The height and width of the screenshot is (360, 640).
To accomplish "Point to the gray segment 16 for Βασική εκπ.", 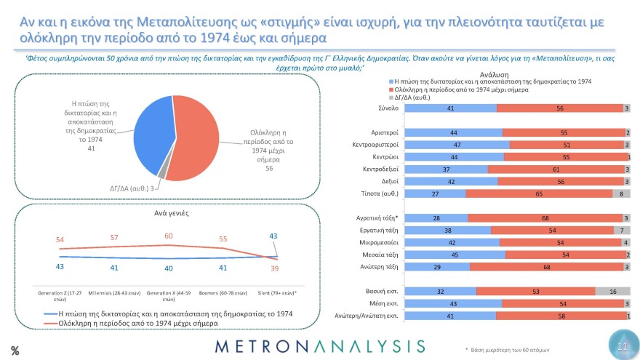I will point(612,291).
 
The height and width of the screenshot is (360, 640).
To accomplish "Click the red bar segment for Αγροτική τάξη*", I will point(545,218).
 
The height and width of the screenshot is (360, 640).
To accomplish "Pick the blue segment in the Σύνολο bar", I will point(450,108).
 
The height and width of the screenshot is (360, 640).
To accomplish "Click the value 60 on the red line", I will point(168,236).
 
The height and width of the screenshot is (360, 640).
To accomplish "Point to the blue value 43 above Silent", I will point(274,236).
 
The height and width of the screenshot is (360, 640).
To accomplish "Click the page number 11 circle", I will point(621,347).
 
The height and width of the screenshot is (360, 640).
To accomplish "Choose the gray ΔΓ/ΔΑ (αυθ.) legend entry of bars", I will point(411,96).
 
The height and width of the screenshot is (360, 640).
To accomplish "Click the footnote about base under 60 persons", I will point(511,350).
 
